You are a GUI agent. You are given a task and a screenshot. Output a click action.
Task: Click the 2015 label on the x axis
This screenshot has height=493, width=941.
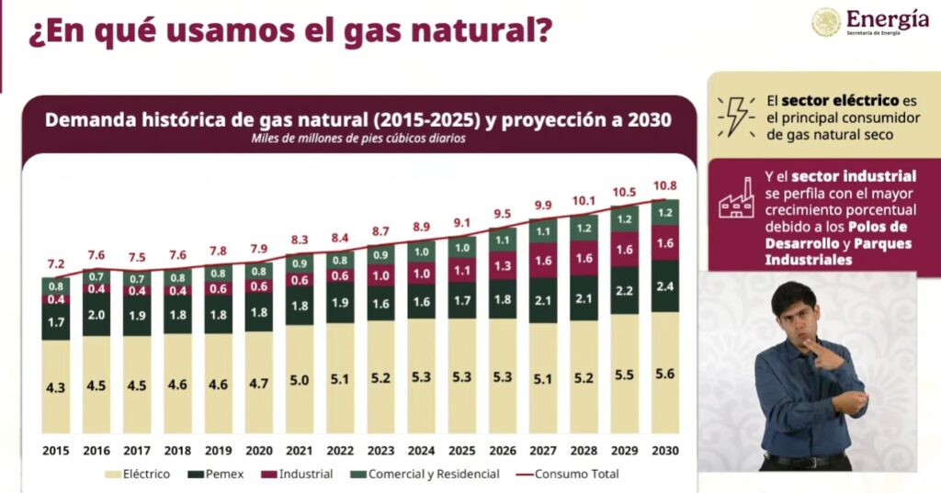pyautogui.click(x=55, y=450)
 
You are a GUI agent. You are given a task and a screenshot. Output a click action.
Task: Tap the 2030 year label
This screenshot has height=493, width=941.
pyautogui.click(x=664, y=450)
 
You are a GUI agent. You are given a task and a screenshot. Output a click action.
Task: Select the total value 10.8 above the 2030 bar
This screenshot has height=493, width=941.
pyautogui.click(x=664, y=185)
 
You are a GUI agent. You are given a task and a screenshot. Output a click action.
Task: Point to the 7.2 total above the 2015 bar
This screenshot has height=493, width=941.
pyautogui.click(x=55, y=263)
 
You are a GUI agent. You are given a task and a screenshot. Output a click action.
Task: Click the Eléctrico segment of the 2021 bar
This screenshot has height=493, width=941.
pyautogui.click(x=300, y=379)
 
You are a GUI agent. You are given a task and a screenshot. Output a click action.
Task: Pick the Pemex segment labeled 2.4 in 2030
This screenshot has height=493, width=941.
pyautogui.click(x=664, y=286)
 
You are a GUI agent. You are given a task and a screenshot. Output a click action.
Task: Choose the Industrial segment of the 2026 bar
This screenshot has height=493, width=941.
pyautogui.click(x=503, y=265)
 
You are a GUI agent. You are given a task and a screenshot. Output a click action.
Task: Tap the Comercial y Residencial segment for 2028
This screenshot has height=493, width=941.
pyautogui.click(x=584, y=228)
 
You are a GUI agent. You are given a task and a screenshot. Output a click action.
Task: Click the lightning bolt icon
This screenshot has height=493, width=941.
pyautogui.click(x=736, y=117)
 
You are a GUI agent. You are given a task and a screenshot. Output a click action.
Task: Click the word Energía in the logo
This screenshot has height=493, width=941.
pyautogui.click(x=887, y=18)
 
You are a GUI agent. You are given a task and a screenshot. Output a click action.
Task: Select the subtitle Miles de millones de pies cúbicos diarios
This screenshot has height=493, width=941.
pyautogui.click(x=358, y=139)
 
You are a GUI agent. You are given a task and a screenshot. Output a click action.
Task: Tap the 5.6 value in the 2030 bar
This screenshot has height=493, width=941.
pyautogui.click(x=664, y=375)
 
